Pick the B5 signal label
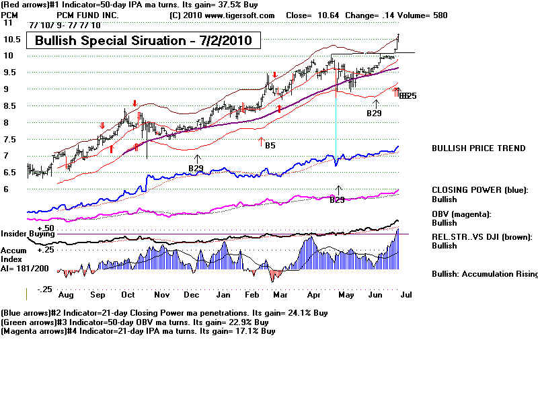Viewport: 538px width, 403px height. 270,145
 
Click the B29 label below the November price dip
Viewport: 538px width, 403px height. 195,168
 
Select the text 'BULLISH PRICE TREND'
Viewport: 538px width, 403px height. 478,148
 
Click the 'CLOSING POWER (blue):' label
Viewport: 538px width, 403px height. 479,190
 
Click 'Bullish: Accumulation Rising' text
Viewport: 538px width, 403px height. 484,274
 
